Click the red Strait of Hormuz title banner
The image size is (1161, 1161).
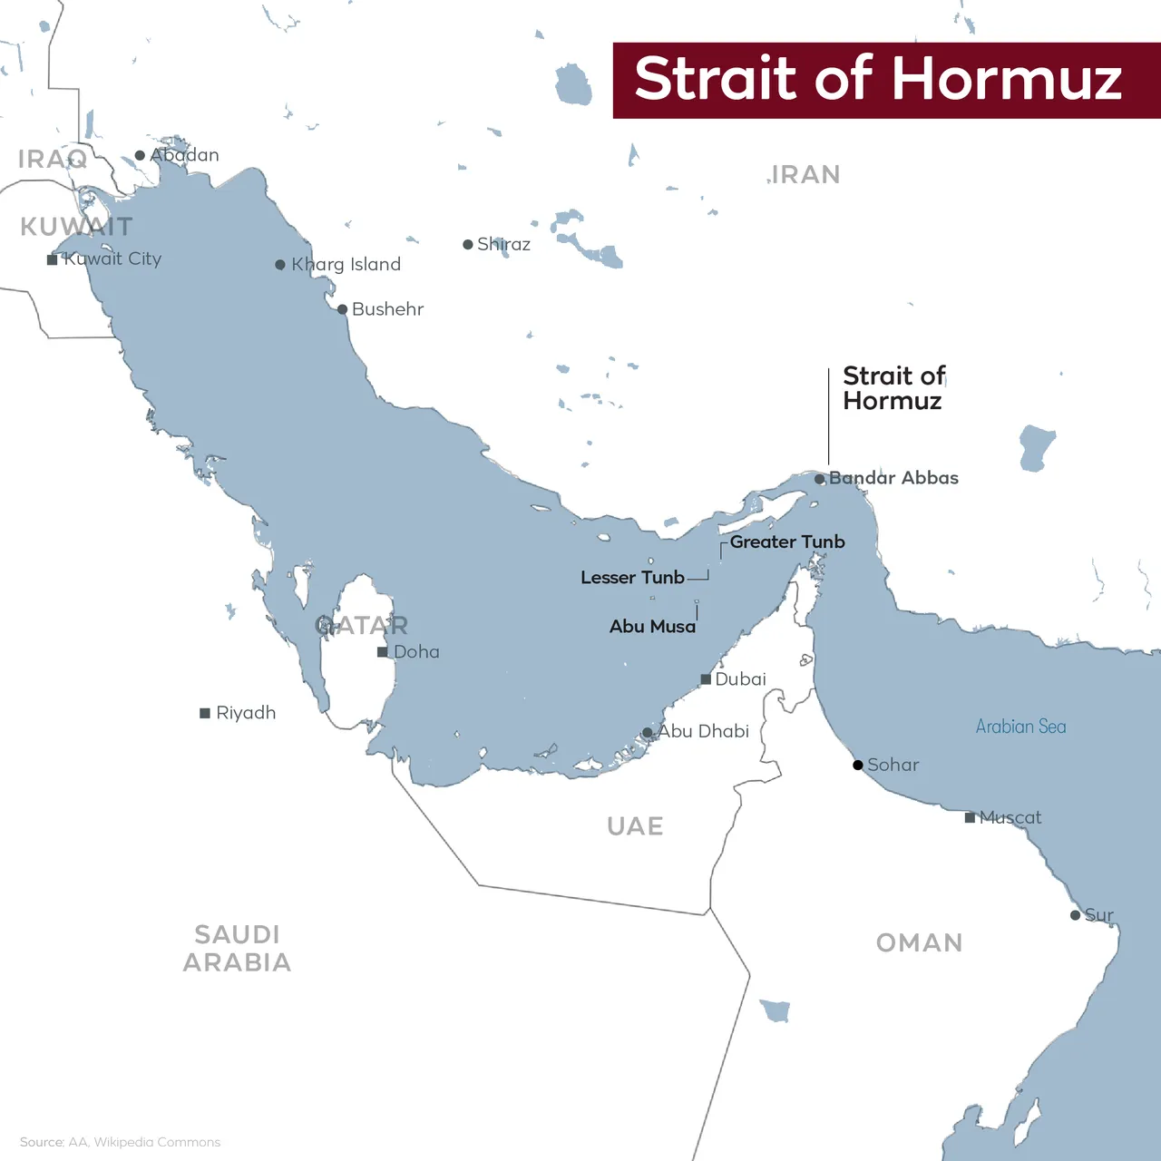(886, 80)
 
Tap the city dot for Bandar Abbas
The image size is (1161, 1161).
(820, 479)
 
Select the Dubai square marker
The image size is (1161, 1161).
(706, 679)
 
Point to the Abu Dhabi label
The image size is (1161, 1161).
(704, 731)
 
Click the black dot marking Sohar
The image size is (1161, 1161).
(858, 766)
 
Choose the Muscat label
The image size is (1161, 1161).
(1010, 818)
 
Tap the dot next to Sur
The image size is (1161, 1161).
(1075, 915)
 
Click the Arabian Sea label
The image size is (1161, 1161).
(1020, 727)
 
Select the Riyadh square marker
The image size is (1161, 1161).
(205, 713)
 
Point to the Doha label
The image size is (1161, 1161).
(416, 652)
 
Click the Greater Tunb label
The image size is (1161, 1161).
(787, 541)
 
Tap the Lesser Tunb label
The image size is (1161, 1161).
(632, 578)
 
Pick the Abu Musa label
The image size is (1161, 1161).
(652, 627)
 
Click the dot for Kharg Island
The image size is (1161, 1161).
(280, 265)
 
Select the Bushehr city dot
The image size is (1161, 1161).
(342, 309)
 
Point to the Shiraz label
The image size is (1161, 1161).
(503, 244)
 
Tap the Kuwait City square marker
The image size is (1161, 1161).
(53, 259)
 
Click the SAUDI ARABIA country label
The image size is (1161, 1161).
(238, 948)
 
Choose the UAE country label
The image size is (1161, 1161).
(635, 826)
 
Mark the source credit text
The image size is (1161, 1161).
(120, 1142)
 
